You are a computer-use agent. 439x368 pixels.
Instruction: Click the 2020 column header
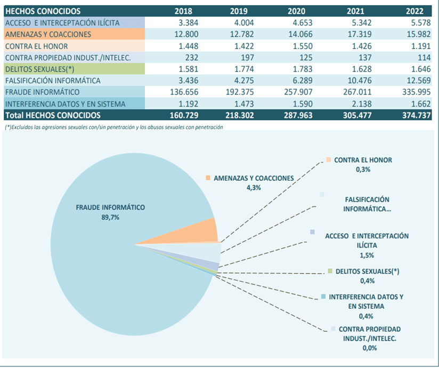(x=297, y=11)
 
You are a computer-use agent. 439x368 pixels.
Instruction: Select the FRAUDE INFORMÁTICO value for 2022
(x=416, y=92)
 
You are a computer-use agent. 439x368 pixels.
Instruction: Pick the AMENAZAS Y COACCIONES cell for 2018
(x=186, y=34)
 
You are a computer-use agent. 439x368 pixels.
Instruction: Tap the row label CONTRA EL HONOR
(x=36, y=46)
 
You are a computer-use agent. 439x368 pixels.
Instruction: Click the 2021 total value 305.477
(x=357, y=115)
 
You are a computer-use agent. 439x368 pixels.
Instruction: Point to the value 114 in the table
(x=424, y=58)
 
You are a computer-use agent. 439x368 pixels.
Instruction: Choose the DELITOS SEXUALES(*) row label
(x=40, y=69)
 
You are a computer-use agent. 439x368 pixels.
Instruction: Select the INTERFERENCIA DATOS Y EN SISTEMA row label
(x=65, y=104)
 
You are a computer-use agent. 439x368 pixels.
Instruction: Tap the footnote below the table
(x=114, y=127)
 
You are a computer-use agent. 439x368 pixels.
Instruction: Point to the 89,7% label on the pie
(x=110, y=217)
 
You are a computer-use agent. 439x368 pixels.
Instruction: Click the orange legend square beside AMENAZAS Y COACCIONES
(x=208, y=178)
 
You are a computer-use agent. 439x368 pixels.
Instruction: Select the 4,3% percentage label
(x=254, y=188)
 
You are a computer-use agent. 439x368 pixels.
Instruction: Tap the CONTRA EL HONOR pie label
(x=363, y=160)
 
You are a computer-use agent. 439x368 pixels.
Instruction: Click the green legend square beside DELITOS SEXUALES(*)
(x=330, y=271)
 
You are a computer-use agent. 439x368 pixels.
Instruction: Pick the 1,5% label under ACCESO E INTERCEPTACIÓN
(x=367, y=255)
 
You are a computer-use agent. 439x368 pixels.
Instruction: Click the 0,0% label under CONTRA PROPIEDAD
(x=370, y=348)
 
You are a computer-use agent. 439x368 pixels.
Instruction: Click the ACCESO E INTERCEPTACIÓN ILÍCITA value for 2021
(x=362, y=23)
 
